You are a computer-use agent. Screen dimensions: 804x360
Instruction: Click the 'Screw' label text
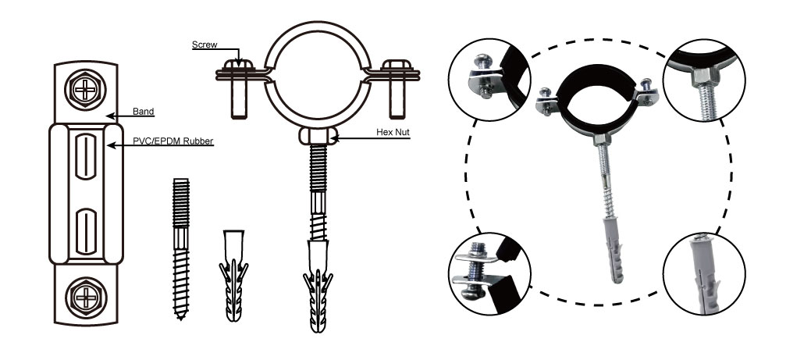(x=205, y=45)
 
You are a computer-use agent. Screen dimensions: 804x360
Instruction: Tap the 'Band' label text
(x=143, y=112)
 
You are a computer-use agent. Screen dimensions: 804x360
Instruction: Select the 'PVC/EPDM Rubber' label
(x=173, y=141)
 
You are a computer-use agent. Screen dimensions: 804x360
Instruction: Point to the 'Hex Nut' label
(x=393, y=132)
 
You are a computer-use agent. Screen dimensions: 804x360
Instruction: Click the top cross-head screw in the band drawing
(x=85, y=90)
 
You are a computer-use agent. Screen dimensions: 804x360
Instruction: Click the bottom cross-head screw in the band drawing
(x=85, y=296)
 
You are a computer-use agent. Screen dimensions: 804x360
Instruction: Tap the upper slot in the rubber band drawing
(x=86, y=156)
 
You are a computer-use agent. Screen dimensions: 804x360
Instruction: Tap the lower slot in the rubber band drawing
(x=86, y=231)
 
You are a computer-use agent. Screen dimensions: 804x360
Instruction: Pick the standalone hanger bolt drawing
(x=180, y=248)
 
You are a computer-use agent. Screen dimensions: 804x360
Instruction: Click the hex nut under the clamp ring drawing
(x=318, y=136)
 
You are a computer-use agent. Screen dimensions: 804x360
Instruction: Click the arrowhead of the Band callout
(x=110, y=116)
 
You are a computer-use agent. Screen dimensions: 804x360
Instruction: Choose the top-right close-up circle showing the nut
(x=703, y=80)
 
